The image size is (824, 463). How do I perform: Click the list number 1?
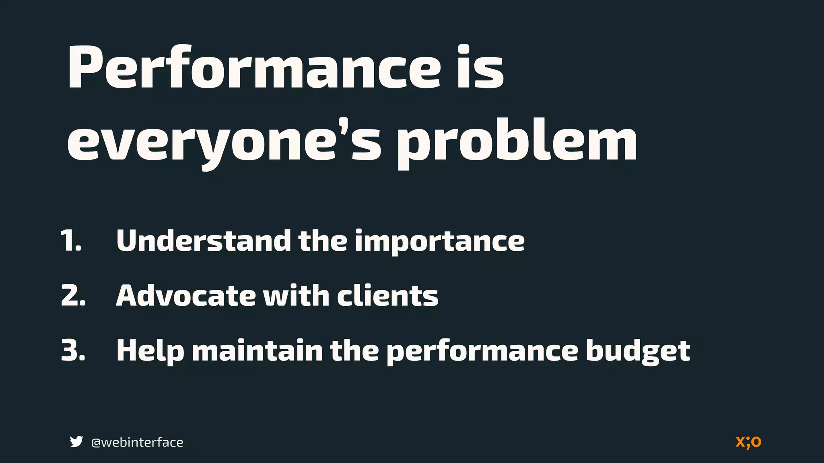pos(71,241)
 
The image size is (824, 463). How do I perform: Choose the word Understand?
pos(203,241)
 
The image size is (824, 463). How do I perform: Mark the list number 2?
pos(73,296)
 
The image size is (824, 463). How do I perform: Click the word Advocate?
pos(186,296)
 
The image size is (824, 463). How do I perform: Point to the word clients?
pos(387,296)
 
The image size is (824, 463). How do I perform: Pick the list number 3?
pos(73,350)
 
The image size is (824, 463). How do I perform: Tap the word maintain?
pos(257,350)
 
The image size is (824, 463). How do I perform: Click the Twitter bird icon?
pos(76,442)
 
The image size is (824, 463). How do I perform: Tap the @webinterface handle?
pos(137,442)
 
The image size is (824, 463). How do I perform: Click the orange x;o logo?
pos(748,442)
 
